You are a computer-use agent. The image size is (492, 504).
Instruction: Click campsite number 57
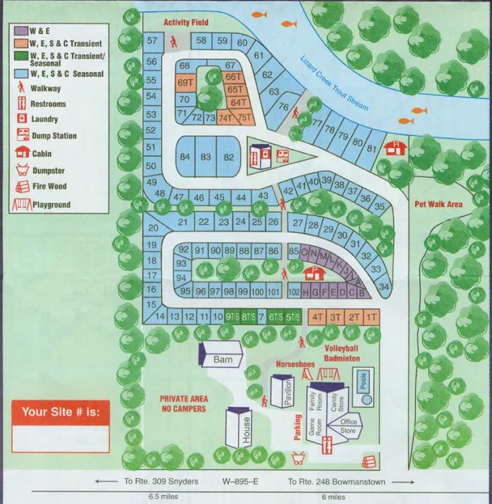152,42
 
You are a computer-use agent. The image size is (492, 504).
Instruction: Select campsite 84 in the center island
186,157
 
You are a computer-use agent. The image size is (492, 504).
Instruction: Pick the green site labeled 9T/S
232,317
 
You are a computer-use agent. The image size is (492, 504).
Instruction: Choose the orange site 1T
371,317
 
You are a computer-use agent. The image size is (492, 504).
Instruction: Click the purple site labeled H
306,292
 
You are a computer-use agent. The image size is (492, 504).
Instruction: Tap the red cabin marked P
312,273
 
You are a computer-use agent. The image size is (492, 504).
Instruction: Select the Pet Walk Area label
438,204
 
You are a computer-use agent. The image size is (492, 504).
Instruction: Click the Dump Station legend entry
53,136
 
